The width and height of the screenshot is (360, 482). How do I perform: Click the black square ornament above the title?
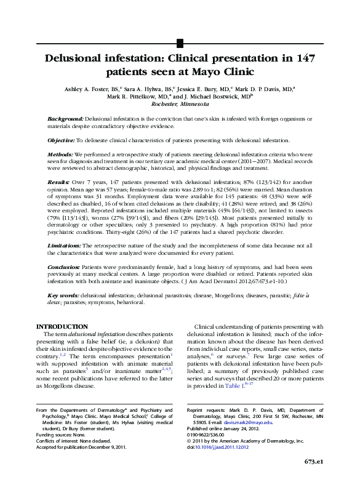point(180,42)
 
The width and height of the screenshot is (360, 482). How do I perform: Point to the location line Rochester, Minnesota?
point(180,104)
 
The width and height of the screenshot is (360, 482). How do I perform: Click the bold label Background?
point(65,118)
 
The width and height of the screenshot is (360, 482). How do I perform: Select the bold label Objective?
point(61,140)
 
